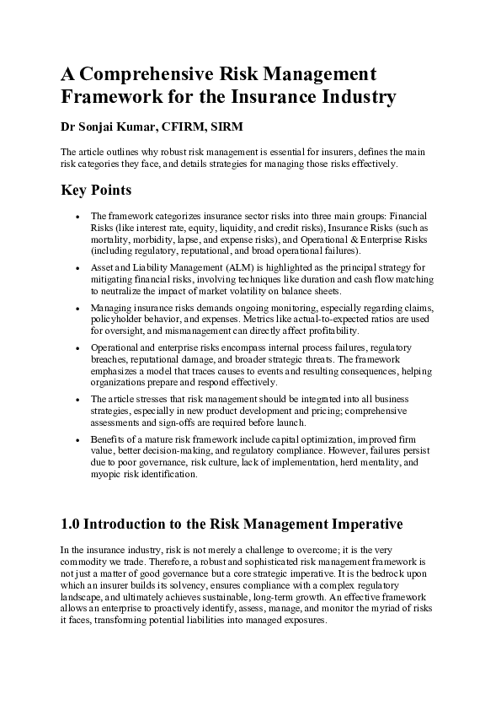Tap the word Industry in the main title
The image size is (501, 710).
[x=355, y=97]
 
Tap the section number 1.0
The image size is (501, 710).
[x=72, y=524]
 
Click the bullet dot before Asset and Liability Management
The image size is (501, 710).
[x=77, y=269]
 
